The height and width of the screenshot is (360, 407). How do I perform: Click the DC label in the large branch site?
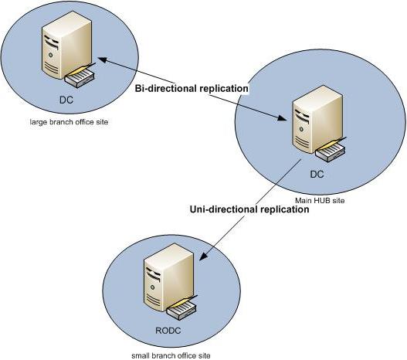(66, 100)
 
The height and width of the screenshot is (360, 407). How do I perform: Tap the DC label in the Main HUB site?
(317, 174)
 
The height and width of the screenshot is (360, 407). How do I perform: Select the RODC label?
(168, 331)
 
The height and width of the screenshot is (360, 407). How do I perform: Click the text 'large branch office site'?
(69, 122)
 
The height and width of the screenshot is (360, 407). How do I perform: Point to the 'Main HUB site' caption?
(320, 201)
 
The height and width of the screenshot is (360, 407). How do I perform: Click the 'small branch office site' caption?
(171, 355)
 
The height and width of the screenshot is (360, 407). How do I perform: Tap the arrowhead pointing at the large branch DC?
(103, 59)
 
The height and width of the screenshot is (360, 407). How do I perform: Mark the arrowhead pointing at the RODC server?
(204, 256)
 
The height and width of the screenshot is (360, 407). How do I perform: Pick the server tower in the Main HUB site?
(317, 120)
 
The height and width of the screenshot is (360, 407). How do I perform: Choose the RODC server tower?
(169, 277)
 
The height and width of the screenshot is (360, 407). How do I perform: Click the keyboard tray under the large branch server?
(80, 77)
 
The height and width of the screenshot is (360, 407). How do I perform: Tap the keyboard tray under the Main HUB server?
(331, 152)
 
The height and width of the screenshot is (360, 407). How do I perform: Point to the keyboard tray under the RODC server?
(181, 310)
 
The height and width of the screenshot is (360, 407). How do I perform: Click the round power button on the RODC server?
(153, 287)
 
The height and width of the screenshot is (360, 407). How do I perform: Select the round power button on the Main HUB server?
(301, 129)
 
